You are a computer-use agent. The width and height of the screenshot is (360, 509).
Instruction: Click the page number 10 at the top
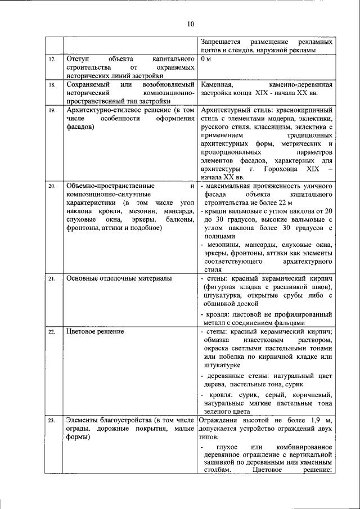point(190,23)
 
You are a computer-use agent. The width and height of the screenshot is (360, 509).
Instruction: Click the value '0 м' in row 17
point(206,59)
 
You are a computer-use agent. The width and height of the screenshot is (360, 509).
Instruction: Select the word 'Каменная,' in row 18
point(217,84)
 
